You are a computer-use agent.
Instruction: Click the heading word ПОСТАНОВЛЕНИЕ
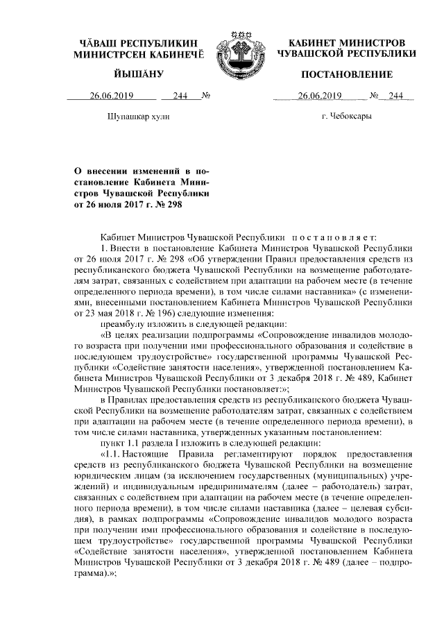pos(346,74)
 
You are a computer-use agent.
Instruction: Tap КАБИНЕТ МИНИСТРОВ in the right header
pos(346,42)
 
